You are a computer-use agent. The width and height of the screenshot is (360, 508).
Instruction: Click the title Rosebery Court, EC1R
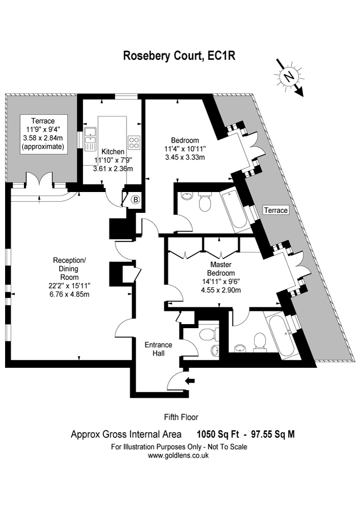(179, 56)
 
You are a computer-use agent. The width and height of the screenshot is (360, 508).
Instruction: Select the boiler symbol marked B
(135, 200)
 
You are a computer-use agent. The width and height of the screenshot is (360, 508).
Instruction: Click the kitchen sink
(91, 139)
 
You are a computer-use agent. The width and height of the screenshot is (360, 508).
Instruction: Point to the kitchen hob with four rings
(134, 142)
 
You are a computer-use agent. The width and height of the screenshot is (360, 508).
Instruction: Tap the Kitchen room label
(113, 152)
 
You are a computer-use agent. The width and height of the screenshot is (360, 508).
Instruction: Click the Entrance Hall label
(158, 348)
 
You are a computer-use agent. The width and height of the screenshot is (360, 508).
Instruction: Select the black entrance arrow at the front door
(190, 380)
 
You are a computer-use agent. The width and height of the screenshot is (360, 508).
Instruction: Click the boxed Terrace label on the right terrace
(276, 210)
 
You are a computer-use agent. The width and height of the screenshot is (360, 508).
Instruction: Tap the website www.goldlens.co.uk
(178, 456)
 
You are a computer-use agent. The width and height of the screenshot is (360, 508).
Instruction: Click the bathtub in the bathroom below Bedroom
(234, 209)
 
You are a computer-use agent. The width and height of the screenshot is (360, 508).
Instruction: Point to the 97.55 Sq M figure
(272, 434)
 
